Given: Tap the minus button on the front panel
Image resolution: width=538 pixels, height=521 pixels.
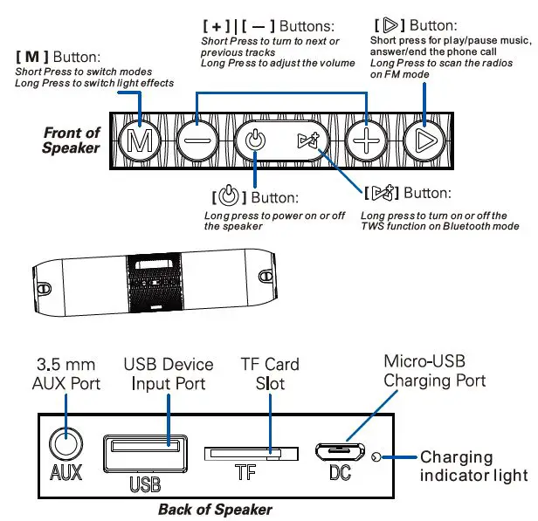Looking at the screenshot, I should [196, 140].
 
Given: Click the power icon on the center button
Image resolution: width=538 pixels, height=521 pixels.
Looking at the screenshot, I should [254, 140].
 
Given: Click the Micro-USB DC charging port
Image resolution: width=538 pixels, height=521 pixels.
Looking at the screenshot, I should [340, 454].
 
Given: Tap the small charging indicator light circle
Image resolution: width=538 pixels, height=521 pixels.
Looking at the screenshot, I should [377, 456].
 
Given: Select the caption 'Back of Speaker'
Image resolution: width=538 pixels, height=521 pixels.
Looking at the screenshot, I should [215, 510].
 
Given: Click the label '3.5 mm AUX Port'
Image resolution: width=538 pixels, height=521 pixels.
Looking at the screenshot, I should [67, 374].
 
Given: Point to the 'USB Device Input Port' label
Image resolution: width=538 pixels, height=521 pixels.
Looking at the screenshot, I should [169, 374].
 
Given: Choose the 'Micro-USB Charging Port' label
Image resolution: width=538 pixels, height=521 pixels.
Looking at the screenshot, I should [434, 371].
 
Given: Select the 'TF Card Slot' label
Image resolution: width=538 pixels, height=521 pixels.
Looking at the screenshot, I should [270, 374].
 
